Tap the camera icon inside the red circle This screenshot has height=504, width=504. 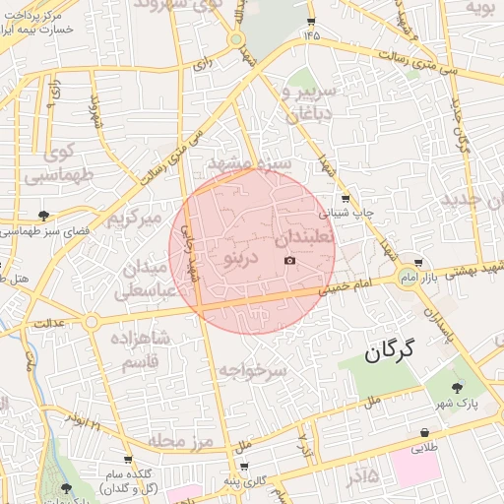(289, 260)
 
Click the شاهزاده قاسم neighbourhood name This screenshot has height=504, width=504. (131, 350)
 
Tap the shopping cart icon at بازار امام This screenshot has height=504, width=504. (419, 263)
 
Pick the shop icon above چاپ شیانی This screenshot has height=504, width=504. (344, 198)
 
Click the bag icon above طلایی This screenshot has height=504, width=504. (424, 432)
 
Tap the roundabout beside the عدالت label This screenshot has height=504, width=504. (91, 322)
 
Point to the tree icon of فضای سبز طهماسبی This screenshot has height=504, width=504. (43, 215)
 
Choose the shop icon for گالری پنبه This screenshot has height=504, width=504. (243, 468)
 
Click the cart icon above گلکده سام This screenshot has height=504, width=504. (128, 460)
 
